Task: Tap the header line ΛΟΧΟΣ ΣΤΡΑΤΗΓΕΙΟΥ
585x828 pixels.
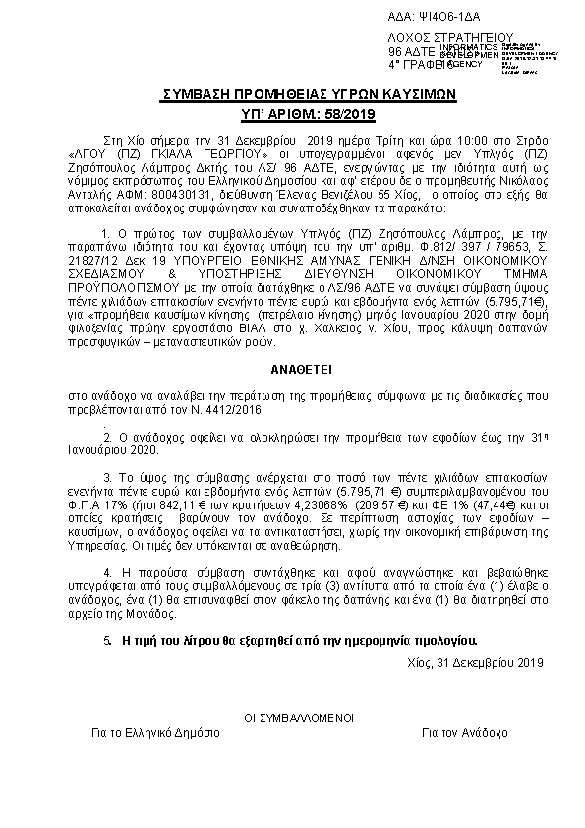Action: [x=439, y=40]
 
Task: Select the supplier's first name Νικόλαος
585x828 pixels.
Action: [x=495, y=183]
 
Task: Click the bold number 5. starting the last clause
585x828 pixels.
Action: [x=107, y=639]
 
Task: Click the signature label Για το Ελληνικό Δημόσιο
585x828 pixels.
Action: [x=149, y=734]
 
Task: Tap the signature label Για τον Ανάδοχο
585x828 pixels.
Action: [x=464, y=734]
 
